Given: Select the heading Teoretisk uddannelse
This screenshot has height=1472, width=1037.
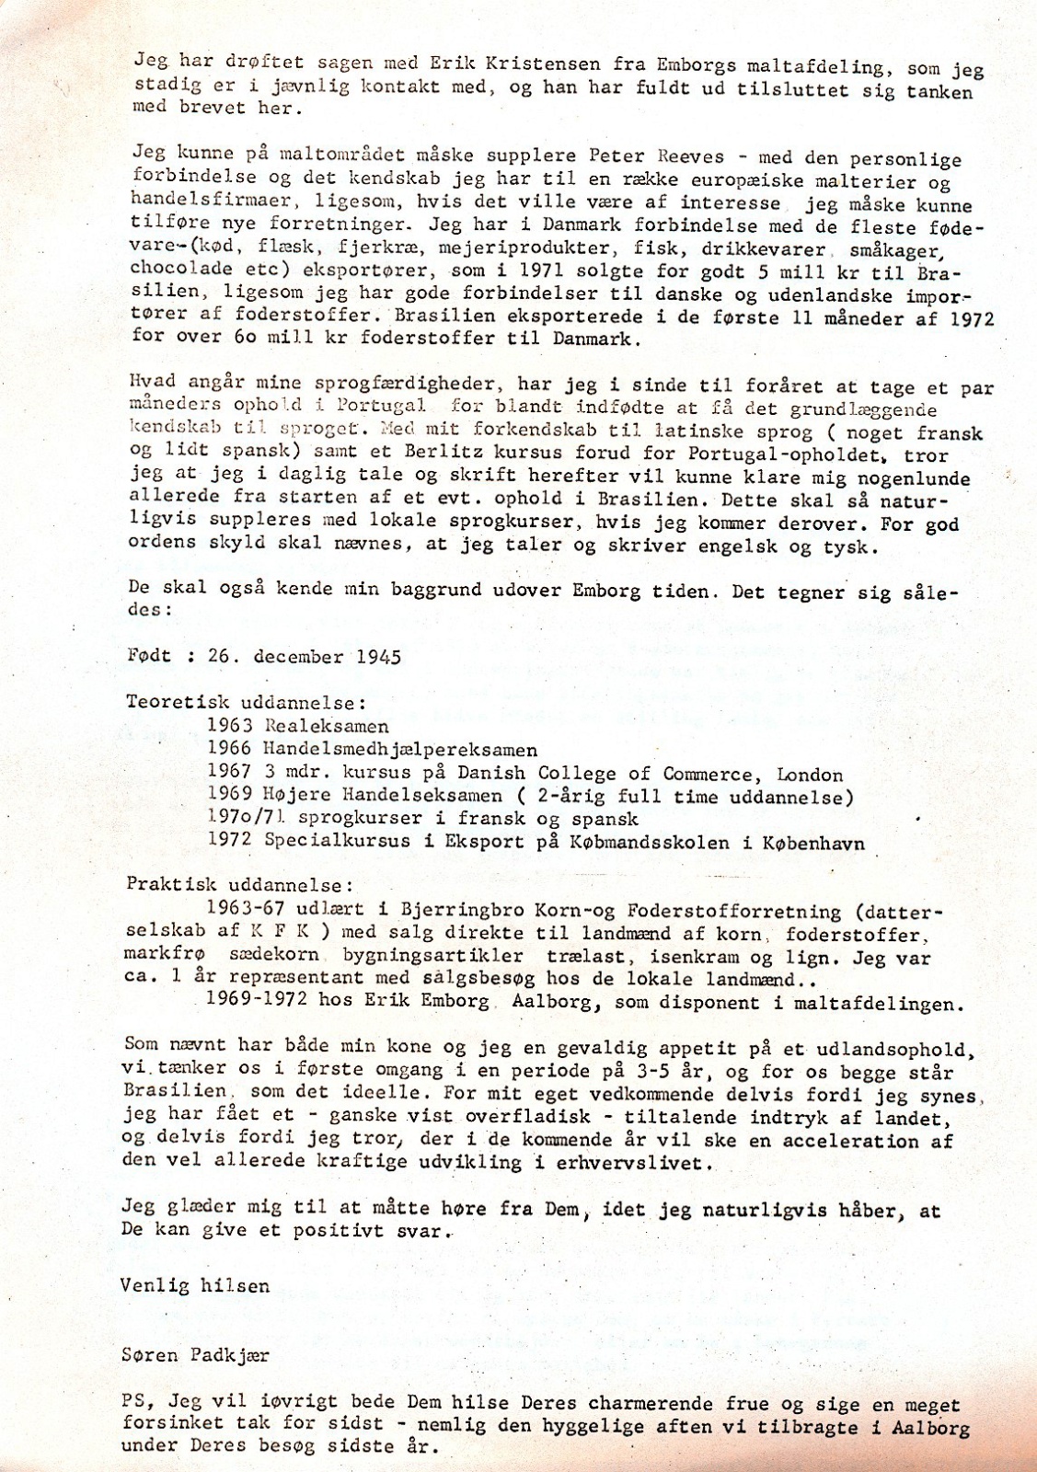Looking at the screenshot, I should click(x=246, y=703).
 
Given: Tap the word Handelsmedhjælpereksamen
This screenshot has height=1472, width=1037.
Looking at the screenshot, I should click(x=400, y=750).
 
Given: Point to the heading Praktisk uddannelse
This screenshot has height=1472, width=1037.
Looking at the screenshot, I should click(x=239, y=885).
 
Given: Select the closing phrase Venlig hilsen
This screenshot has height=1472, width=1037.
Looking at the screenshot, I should click(x=194, y=1285).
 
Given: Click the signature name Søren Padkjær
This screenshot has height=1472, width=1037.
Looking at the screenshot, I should click(x=194, y=1355).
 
